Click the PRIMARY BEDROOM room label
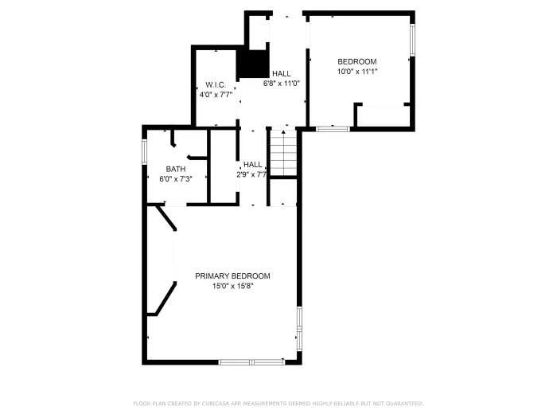point(232,276)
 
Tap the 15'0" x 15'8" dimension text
point(232,287)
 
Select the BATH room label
point(176,169)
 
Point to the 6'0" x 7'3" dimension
point(176,179)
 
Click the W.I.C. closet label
point(216,84)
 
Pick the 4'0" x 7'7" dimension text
point(216,95)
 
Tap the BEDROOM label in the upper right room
point(356,61)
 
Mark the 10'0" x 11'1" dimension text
point(356,71)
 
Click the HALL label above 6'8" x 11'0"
point(281,73)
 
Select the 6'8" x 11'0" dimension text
point(281,83)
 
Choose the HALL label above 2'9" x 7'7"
point(253,165)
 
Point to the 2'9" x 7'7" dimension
point(251,174)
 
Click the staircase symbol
point(282,152)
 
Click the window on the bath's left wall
point(144,151)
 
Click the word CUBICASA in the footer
point(210,404)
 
